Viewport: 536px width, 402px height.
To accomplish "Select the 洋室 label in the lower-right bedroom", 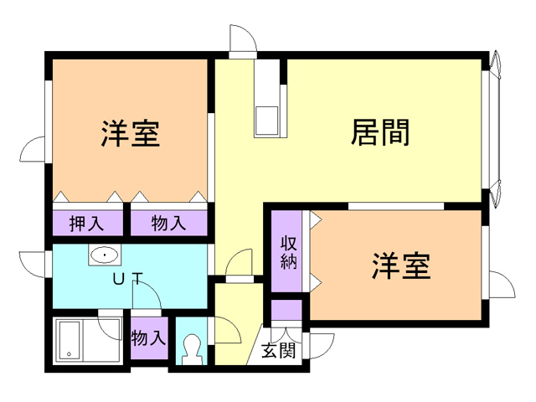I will (401, 265).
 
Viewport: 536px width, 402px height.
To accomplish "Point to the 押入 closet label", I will (86, 224).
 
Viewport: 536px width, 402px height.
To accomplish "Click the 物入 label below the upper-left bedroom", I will (168, 224).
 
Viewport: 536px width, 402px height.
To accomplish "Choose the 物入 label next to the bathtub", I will (149, 339).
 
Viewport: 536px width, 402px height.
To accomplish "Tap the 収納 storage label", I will (289, 253).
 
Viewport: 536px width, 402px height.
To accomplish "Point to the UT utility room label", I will (127, 279).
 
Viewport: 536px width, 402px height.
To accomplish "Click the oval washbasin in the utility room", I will (104, 255).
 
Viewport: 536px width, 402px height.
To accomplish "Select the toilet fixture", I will (193, 348).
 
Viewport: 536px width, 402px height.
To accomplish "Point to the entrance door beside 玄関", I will (321, 345).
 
